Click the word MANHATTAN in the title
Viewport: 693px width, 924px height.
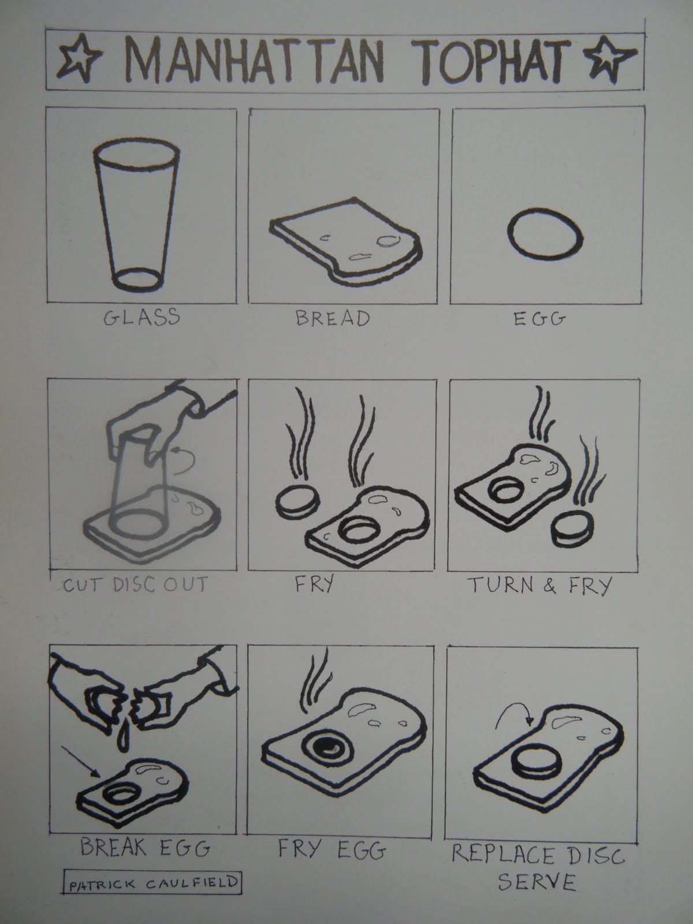pos(255,60)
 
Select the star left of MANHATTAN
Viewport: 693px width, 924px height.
pos(79,58)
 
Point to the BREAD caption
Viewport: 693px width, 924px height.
pos(333,318)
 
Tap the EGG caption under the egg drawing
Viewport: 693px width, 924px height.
pos(539,319)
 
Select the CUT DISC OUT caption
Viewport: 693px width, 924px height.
pos(136,584)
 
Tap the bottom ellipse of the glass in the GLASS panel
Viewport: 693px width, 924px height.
pos(137,280)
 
